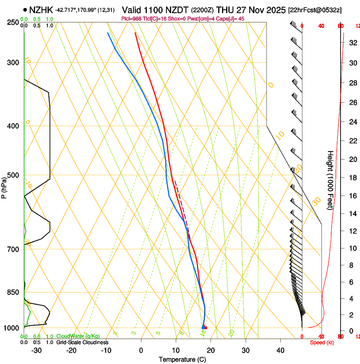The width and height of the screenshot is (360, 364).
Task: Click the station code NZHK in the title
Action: coord(41,9)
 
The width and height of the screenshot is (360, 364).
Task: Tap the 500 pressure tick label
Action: coord(13,175)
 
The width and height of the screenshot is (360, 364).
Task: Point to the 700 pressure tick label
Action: coord(13,249)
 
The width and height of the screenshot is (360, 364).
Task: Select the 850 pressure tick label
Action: coord(13,292)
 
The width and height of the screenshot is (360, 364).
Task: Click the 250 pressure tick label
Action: coord(13,22)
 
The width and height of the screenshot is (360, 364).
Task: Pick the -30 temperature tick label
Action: coord(36,350)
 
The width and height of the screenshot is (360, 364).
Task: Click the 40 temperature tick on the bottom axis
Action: coord(280,350)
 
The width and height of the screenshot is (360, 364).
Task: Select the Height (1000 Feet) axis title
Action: coord(330,180)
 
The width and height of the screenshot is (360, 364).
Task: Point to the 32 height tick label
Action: coord(352,43)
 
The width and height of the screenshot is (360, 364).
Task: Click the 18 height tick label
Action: coord(352,178)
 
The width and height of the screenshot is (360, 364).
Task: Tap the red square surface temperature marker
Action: coord(206,328)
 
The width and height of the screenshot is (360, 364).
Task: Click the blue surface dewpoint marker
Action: coord(203,328)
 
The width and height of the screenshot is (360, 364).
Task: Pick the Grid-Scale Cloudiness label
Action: coord(82,342)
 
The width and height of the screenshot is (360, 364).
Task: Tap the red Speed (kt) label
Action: coord(321,342)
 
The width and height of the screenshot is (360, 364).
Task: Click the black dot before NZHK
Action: coord(25,9)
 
